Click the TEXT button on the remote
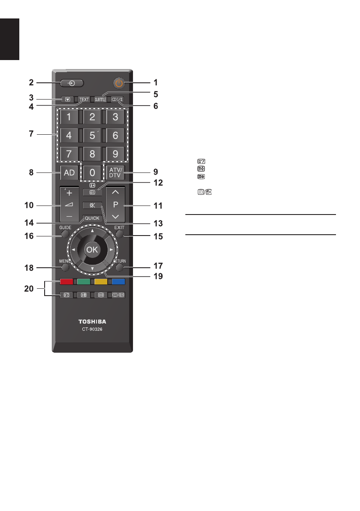pos(84,100)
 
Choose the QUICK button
pos(92,218)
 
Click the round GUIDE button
pos(65,235)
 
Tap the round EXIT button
pos(119,235)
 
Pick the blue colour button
pos(118,282)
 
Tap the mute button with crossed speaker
pos(92,205)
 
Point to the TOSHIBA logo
pos(92,321)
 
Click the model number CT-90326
pos(92,330)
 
